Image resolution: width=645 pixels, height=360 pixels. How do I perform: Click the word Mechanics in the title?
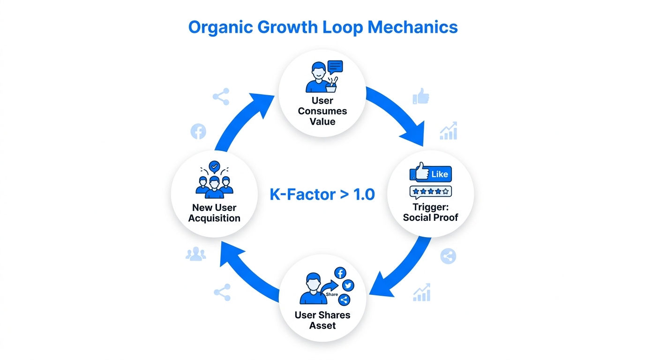tap(412, 27)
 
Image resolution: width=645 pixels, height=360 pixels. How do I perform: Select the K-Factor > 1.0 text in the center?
tap(322, 194)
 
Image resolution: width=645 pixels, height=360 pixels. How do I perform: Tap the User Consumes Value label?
tap(322, 111)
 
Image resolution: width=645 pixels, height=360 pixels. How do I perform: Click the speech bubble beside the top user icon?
tap(335, 67)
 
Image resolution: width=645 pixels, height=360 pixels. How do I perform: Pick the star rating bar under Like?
tap(430, 191)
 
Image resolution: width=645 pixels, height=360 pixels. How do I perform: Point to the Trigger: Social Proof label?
tap(430, 212)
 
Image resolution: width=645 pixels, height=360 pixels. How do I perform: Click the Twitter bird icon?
tap(348, 285)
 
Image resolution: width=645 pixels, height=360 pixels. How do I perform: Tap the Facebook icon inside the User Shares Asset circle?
tap(340, 273)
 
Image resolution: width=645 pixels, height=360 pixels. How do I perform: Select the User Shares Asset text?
tap(322, 320)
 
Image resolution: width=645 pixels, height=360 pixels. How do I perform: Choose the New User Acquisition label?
tap(214, 213)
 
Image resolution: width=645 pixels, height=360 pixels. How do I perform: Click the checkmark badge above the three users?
tap(214, 166)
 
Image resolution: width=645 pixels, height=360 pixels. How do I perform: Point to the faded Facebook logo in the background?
tap(198, 132)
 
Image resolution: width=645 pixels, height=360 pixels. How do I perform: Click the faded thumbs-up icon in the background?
tap(421, 96)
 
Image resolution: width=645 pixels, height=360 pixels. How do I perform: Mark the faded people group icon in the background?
tap(195, 255)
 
